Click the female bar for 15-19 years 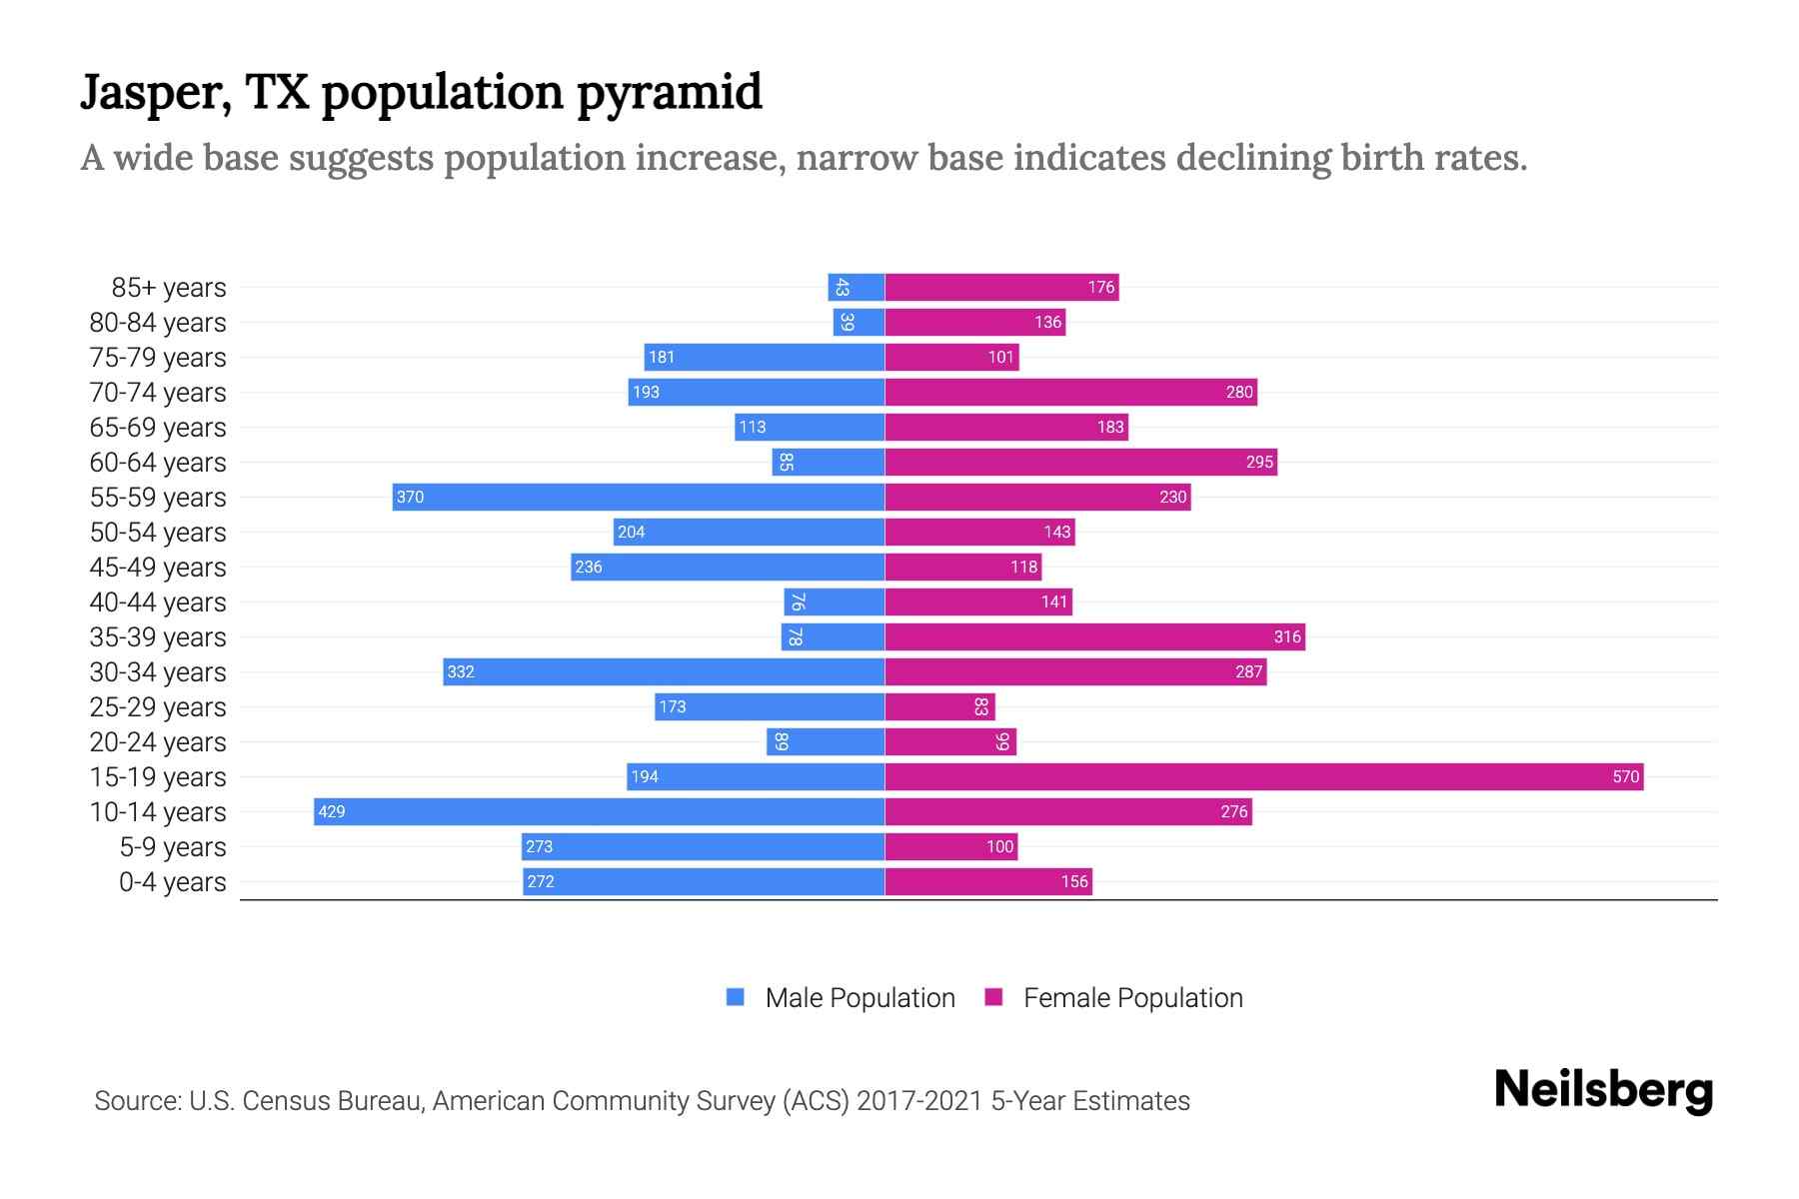point(1263,776)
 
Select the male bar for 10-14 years point(600,811)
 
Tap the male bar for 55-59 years point(640,497)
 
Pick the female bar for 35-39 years point(1094,636)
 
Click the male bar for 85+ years point(857,287)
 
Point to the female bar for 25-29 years point(939,706)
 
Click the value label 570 point(1625,776)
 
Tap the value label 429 point(331,811)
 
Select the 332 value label point(461,671)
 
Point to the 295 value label point(1259,462)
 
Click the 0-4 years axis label point(172,882)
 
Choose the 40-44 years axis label point(158,602)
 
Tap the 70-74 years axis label point(158,393)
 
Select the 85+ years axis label point(169,288)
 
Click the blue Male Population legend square point(736,997)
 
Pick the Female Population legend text point(1132,998)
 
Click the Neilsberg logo point(1603,1090)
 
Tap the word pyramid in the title point(669,92)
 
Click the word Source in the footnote point(137,1101)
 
